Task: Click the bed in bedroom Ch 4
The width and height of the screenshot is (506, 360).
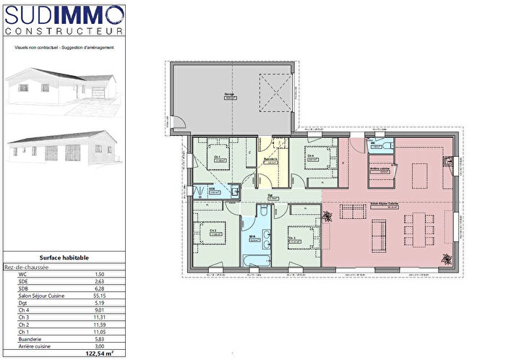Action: click(x=317, y=157)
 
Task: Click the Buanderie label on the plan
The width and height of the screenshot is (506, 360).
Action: click(x=271, y=160)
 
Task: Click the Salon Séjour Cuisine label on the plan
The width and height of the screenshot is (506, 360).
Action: click(x=385, y=205)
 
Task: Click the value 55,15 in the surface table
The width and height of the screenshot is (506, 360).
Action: click(x=100, y=296)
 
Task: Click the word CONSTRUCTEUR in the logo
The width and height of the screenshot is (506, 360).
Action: click(x=64, y=30)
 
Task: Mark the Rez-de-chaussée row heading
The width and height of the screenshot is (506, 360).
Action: click(x=27, y=267)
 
